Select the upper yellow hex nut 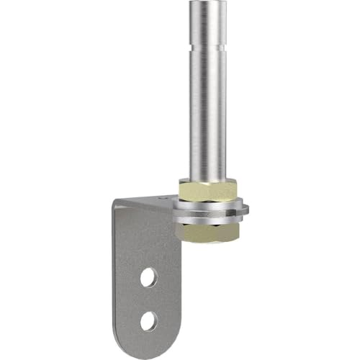209,192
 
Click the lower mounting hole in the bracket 147,319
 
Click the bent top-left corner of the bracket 117,206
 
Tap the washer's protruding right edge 247,210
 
